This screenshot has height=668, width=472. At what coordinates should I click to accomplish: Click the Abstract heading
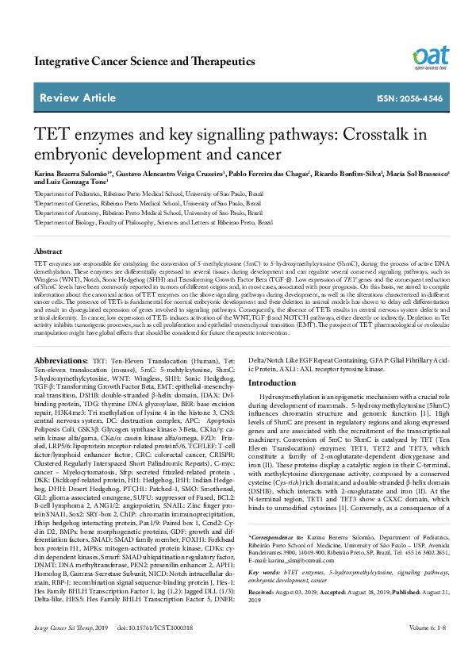tap(49, 250)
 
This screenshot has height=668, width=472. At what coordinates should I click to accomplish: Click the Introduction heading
tap(272, 383)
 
